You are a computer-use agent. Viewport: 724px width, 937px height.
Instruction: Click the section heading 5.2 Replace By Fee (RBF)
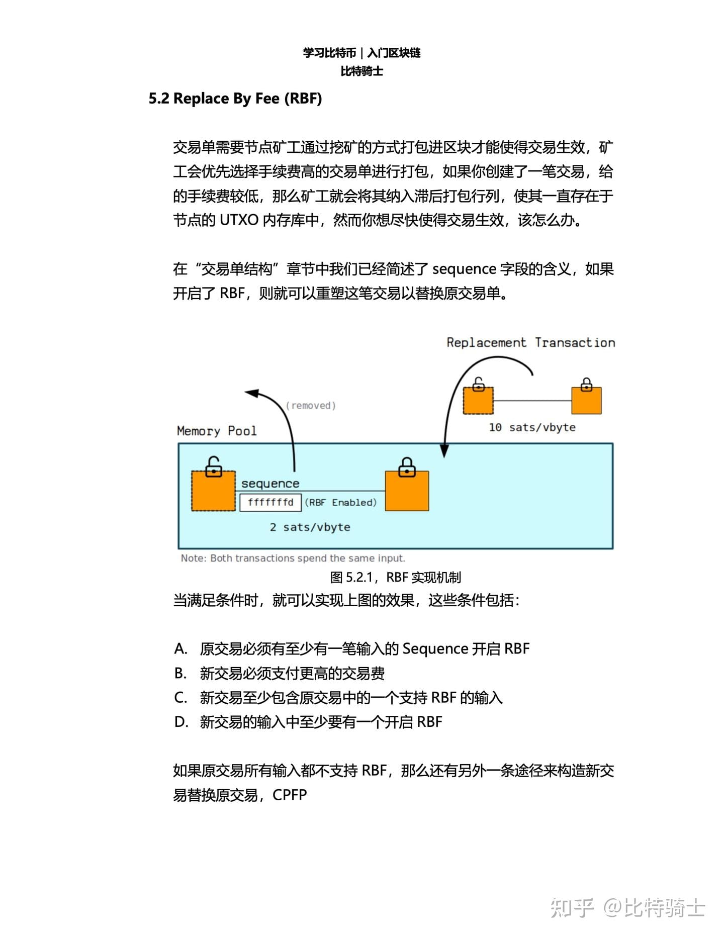235,99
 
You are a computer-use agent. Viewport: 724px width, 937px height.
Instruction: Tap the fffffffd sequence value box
270,502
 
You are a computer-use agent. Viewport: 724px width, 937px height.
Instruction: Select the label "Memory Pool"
217,431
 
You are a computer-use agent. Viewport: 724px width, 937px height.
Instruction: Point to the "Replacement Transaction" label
531,342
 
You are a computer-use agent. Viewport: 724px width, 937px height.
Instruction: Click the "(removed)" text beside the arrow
311,405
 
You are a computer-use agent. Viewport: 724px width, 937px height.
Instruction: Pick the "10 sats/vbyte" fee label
532,427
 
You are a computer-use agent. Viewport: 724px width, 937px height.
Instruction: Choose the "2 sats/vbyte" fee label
310,527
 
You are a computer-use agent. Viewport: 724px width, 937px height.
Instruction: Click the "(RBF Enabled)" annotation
341,502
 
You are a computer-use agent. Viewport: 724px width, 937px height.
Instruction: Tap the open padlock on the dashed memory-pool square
214,466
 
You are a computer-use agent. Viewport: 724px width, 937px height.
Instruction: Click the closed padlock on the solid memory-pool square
407,467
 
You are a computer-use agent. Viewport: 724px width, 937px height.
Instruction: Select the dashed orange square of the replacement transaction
478,400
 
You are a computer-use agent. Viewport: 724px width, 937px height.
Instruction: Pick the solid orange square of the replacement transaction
587,400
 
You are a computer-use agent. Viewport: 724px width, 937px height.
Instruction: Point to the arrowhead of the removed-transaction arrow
251,393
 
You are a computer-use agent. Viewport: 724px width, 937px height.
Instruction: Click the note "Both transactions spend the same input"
293,558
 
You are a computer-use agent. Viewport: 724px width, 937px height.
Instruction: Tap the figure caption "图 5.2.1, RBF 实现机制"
395,578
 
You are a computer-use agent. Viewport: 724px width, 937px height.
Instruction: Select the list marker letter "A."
180,649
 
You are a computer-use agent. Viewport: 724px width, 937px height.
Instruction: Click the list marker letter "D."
181,722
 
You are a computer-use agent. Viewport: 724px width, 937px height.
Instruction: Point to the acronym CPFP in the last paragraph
290,795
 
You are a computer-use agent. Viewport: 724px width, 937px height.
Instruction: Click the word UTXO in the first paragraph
239,220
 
